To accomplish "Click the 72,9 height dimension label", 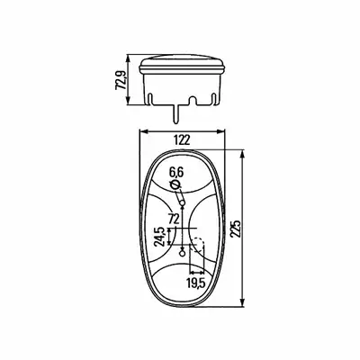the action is (121, 79).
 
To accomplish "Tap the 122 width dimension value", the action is (182, 140).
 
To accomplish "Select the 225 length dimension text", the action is (236, 229).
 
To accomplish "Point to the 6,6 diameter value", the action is (176, 173).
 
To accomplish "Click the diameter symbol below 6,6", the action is (175, 185).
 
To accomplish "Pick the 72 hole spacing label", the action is (174, 220).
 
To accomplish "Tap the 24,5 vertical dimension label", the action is (159, 237).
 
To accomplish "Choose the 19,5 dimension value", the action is (196, 283).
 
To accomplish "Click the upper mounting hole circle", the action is (182, 204).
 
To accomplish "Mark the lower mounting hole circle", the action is (182, 254).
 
